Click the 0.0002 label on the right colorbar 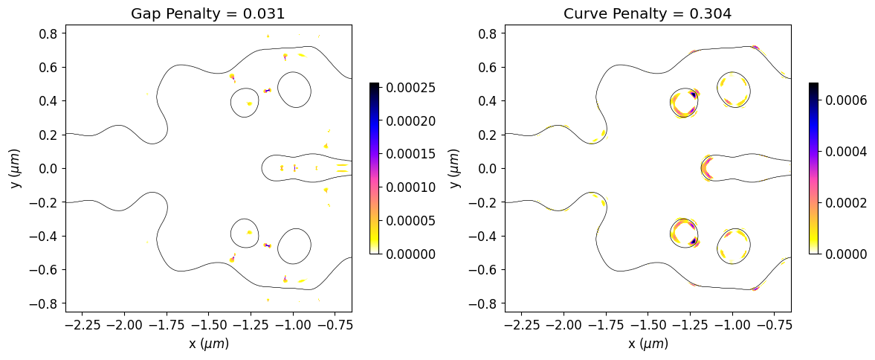coord(846,202)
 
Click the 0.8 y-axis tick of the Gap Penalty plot coord(49,33)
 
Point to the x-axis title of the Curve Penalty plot coord(648,344)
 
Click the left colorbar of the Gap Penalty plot coord(374,168)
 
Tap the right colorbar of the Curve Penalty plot coord(813,168)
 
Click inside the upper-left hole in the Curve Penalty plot coord(684,103)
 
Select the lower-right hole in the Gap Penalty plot coord(294,246)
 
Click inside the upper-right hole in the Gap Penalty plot coord(294,89)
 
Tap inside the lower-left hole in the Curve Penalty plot coord(684,233)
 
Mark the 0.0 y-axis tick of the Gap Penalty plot coord(49,169)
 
